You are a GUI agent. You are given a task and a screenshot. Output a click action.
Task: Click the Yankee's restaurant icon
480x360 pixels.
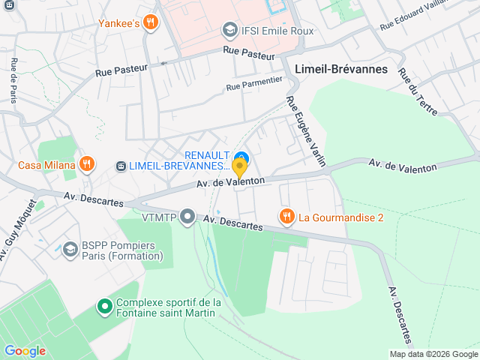151,22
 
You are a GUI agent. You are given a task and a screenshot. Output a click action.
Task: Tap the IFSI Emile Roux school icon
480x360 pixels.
230,31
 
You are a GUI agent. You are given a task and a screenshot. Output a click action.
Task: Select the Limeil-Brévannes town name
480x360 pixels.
341,68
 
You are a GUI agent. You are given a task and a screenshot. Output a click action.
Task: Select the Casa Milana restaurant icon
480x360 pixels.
88,165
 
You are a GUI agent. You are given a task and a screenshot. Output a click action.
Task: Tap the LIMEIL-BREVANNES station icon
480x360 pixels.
121,165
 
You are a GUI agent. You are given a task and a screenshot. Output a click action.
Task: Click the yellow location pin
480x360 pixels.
239,167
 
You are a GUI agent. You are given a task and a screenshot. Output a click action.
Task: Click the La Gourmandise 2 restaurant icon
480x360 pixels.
286,217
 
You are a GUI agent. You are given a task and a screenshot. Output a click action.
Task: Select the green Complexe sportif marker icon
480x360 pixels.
105,307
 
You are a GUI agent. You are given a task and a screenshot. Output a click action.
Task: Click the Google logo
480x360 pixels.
25,350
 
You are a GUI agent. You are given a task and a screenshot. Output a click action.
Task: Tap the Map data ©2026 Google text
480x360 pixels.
433,354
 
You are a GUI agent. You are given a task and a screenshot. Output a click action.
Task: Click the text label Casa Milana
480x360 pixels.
46,165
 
